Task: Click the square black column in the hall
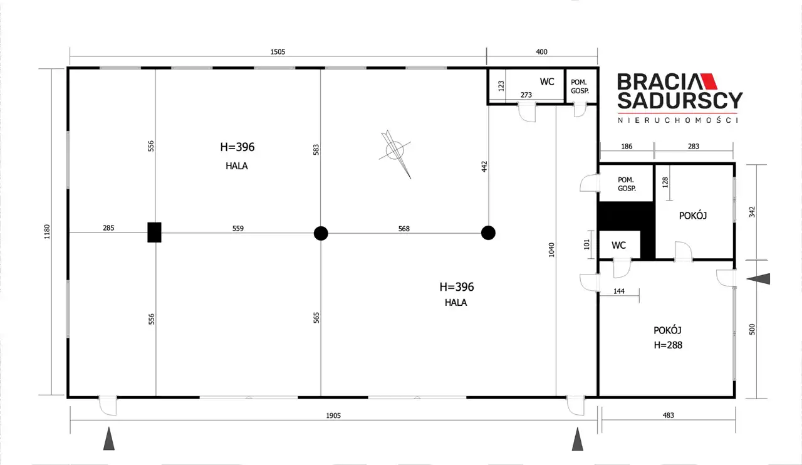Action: [154, 232]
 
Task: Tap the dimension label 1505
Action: [278, 52]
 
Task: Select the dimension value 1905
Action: [333, 415]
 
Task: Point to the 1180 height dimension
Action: [47, 232]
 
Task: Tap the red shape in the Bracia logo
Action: [709, 81]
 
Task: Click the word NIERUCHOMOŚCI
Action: [678, 120]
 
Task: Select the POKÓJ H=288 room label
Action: [668, 337]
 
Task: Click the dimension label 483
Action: [669, 415]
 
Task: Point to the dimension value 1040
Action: [551, 249]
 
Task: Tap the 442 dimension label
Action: [484, 167]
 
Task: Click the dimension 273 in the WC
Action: [526, 95]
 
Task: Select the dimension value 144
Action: [619, 291]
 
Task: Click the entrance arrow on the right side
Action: [758, 279]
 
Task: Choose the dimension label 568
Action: [404, 229]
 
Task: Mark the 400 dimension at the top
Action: [542, 52]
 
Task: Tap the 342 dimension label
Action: [752, 212]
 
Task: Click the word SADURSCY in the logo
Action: [680, 101]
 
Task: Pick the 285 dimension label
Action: [108, 228]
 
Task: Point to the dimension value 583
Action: [316, 150]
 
